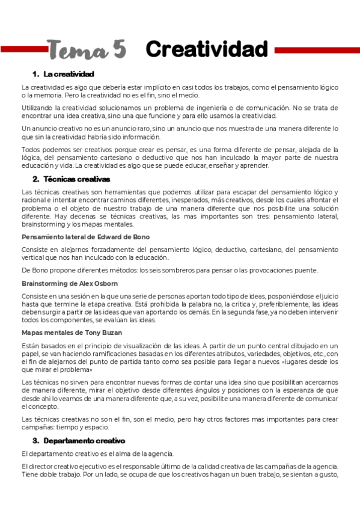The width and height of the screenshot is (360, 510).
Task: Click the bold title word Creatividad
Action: (207, 49)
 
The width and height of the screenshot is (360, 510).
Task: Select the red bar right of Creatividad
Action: (313, 51)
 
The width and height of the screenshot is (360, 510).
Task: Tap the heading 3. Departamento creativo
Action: (78, 440)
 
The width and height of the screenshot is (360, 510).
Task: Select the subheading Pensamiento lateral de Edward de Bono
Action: (85, 236)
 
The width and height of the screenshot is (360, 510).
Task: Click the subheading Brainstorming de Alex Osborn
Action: (70, 283)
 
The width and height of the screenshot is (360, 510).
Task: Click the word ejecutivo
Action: (84, 467)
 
